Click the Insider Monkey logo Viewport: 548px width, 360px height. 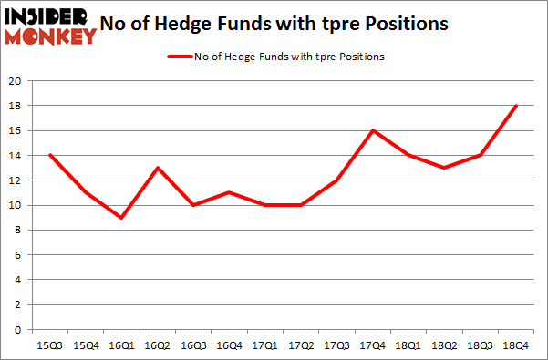pyautogui.click(x=51, y=26)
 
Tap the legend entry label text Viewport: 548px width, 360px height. pyautogui.click(x=289, y=57)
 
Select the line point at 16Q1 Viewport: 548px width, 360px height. pyautogui.click(x=122, y=218)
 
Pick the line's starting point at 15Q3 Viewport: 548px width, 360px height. pyautogui.click(x=49, y=155)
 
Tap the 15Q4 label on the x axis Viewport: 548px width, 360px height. pyautogui.click(x=86, y=345)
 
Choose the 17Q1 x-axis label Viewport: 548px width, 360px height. pyautogui.click(x=266, y=345)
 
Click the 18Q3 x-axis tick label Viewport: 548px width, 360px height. pyautogui.click(x=481, y=345)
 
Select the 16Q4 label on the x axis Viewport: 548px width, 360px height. pyautogui.click(x=231, y=345)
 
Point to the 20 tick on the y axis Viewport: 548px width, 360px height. pyautogui.click(x=16, y=81)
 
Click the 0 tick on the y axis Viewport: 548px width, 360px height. pyautogui.click(x=19, y=330)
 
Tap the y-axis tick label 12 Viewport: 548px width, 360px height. pyautogui.click(x=16, y=180)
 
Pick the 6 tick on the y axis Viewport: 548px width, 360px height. pyautogui.click(x=19, y=255)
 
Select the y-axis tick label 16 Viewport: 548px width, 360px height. pyautogui.click(x=16, y=131)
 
